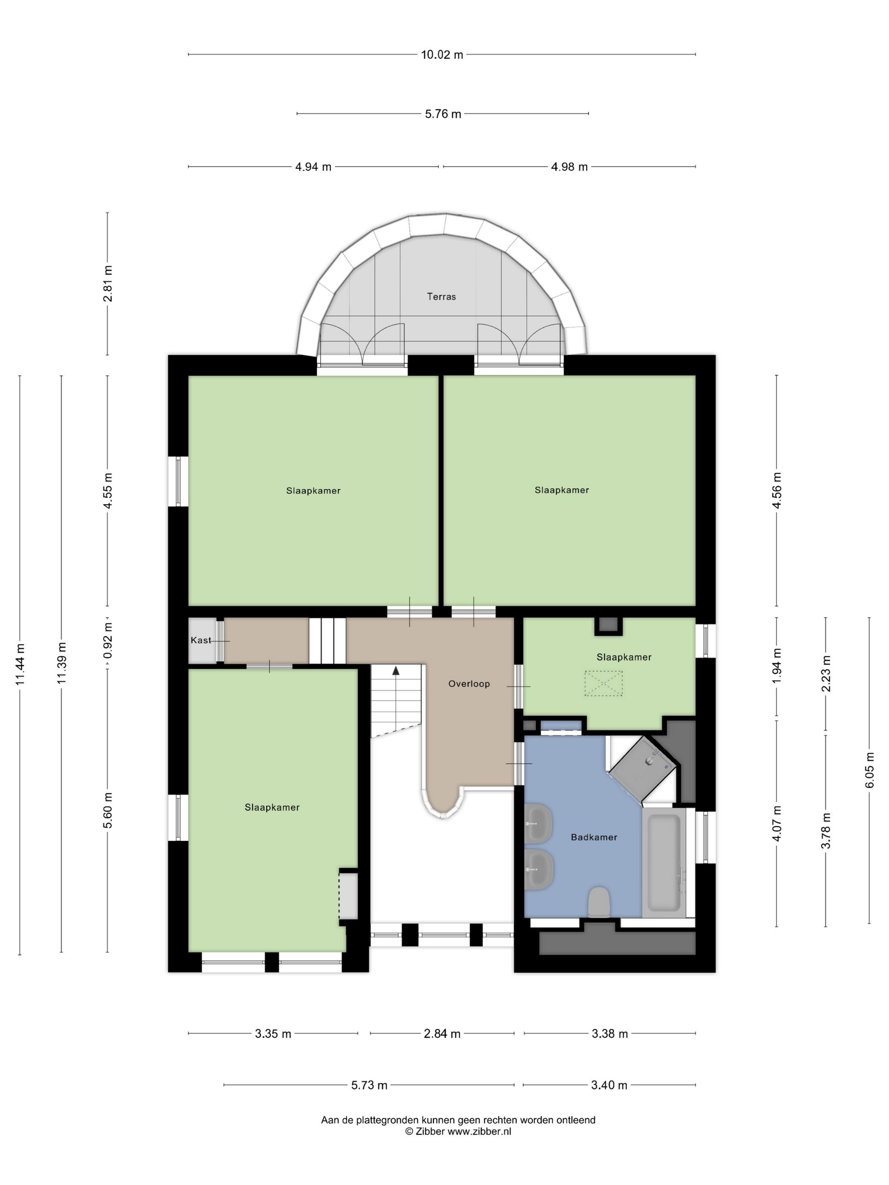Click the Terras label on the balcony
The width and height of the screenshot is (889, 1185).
pyautogui.click(x=441, y=296)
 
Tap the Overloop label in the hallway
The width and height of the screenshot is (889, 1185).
pyautogui.click(x=469, y=683)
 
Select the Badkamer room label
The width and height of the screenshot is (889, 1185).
pyautogui.click(x=594, y=837)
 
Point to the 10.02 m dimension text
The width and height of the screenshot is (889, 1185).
pyautogui.click(x=442, y=55)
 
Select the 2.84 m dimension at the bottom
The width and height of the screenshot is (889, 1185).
pyautogui.click(x=442, y=1034)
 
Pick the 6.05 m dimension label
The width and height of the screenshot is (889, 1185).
pyautogui.click(x=869, y=770)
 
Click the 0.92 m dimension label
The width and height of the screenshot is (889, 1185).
pyautogui.click(x=108, y=640)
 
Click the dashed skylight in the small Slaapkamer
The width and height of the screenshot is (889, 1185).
pyautogui.click(x=603, y=683)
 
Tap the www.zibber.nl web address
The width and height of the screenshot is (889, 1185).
pyautogui.click(x=480, y=1131)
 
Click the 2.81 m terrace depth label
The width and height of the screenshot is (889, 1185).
pyautogui.click(x=108, y=284)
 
